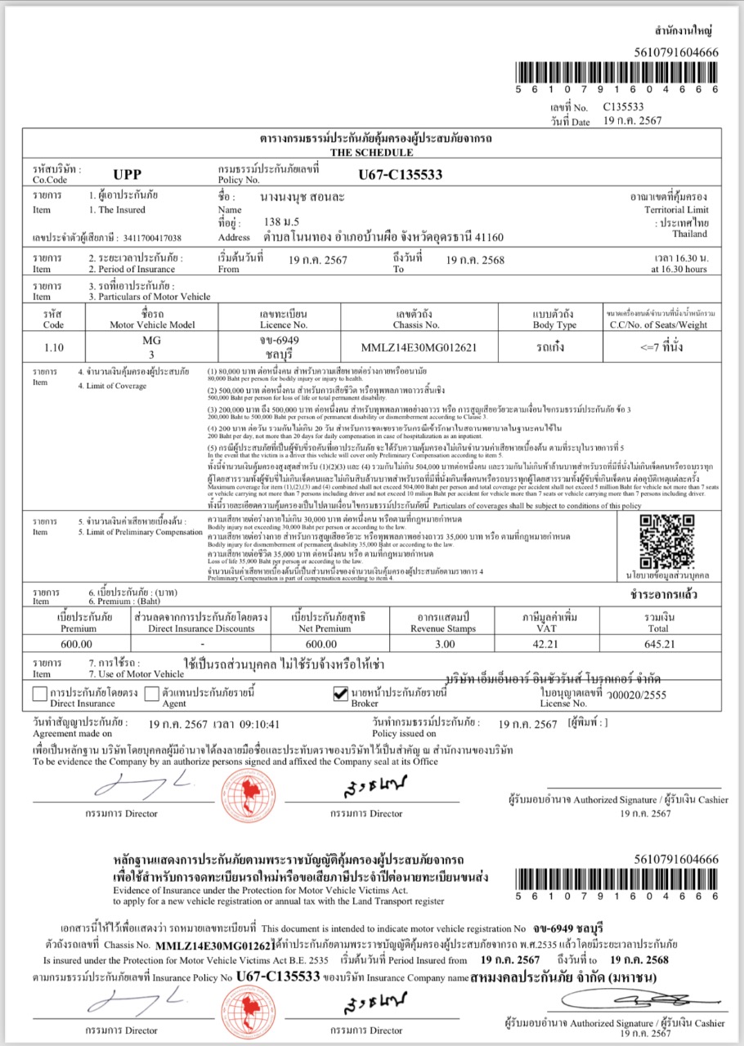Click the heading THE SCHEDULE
tap(372, 152)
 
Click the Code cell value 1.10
tap(53, 346)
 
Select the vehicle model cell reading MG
tap(151, 339)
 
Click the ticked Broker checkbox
tap(342, 695)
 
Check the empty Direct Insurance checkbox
tap(39, 695)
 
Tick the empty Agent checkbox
tap(151, 695)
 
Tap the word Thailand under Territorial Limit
tap(689, 234)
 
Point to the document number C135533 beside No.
tap(624, 106)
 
